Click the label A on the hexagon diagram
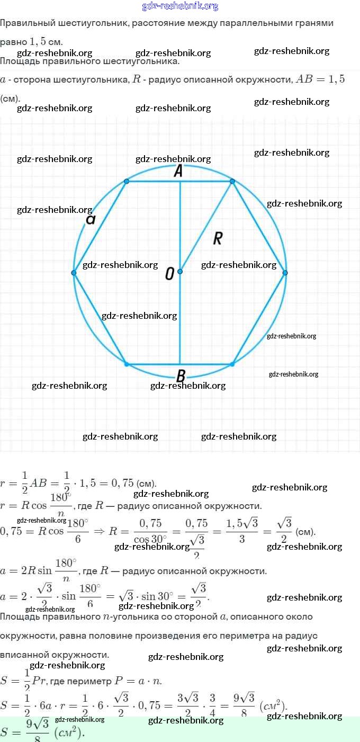[x=178, y=171]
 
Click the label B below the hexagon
[x=180, y=376]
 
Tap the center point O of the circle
[x=180, y=271]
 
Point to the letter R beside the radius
[x=217, y=238]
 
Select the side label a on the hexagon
[x=91, y=219]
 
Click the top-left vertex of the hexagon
[x=127, y=181]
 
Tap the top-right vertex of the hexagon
[x=232, y=181]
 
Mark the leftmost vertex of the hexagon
[x=74, y=273]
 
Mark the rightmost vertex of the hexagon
[x=285, y=273]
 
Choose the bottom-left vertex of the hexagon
[x=127, y=364]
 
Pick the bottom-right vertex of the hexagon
[x=232, y=364]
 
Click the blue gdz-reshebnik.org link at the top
[x=180, y=6]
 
